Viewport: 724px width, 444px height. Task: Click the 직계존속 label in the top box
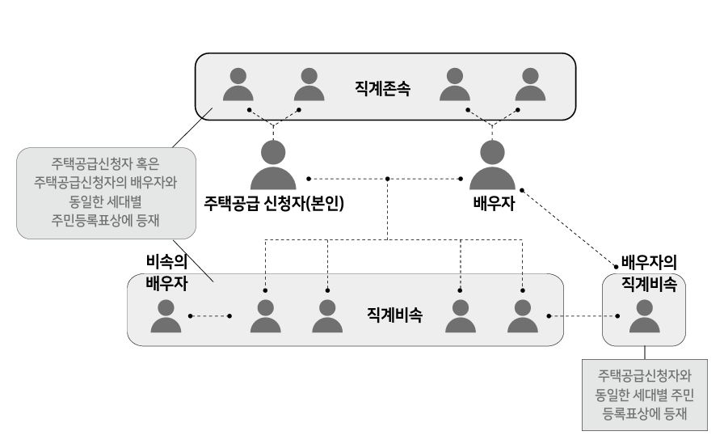click(382, 88)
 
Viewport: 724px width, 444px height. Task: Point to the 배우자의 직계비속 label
click(648, 273)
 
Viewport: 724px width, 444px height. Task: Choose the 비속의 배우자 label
click(166, 273)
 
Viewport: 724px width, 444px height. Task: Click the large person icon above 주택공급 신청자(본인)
click(274, 166)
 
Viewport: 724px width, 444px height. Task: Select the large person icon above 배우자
click(493, 166)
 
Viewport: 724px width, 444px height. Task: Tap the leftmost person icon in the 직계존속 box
click(238, 84)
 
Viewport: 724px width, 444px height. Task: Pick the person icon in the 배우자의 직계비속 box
click(644, 317)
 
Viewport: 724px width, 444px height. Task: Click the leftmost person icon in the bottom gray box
click(166, 317)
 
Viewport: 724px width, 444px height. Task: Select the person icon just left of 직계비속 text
click(327, 317)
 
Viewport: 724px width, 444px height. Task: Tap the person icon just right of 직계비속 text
click(460, 317)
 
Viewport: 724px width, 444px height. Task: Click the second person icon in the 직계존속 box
click(308, 84)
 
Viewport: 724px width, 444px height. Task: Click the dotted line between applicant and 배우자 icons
click(388, 179)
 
